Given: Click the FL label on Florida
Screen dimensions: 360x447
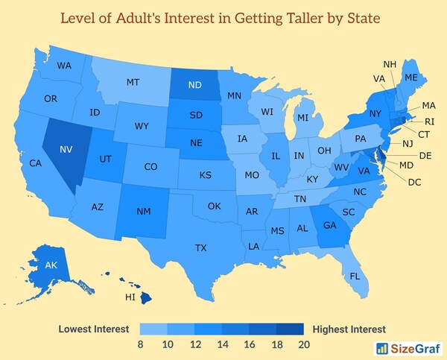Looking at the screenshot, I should tap(355, 276).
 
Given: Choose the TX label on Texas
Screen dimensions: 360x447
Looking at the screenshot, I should tap(200, 247).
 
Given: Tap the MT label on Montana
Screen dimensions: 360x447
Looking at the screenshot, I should tap(134, 82).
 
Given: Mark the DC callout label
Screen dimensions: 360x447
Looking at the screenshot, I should tap(415, 181).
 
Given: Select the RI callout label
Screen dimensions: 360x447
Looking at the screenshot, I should tap(429, 121).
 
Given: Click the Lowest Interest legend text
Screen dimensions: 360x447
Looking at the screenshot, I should tap(95, 328).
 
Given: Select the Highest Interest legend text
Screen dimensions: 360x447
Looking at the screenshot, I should tap(349, 328).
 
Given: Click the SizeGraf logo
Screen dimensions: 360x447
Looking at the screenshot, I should tap(408, 347).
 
